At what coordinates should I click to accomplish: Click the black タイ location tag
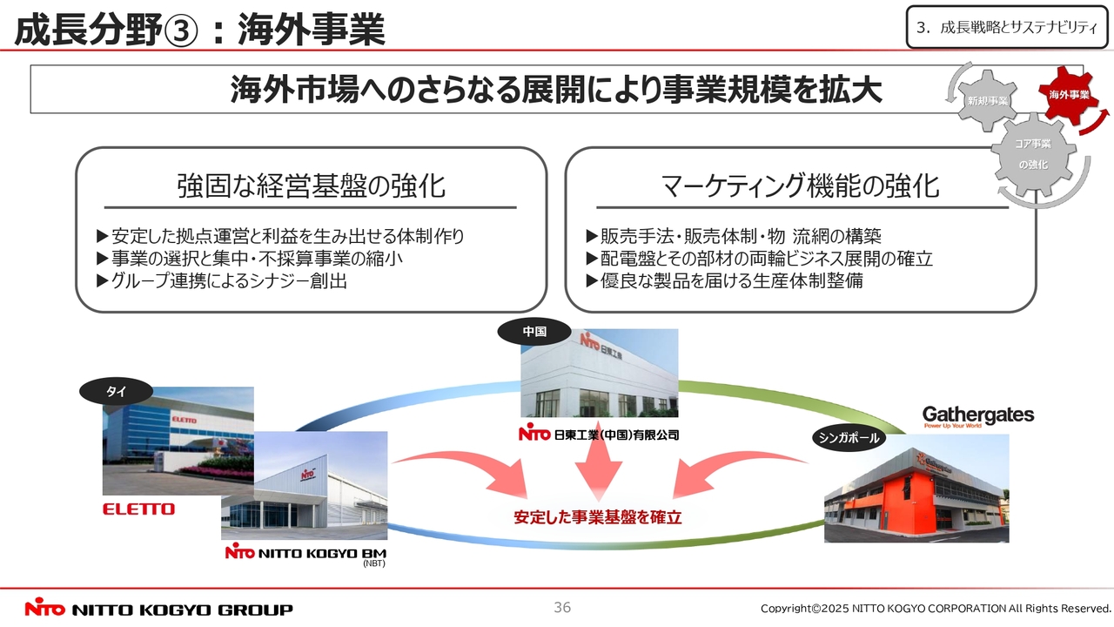point(116,392)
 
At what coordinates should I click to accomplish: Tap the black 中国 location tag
point(534,332)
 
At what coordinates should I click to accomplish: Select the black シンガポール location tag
point(849,438)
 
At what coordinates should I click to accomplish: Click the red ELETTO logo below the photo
point(138,509)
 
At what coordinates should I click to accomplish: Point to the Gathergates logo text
point(978,415)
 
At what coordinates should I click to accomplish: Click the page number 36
point(562,607)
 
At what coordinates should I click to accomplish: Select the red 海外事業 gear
point(1069,95)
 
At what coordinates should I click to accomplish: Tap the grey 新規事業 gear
point(987,101)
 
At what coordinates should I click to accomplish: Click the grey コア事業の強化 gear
point(1033,154)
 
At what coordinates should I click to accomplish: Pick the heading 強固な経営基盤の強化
point(311,186)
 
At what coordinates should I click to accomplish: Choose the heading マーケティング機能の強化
point(800,186)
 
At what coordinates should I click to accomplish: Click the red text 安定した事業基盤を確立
point(597,517)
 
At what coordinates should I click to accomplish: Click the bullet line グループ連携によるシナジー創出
point(222,281)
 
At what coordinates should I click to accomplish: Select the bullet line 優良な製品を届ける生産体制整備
point(725,281)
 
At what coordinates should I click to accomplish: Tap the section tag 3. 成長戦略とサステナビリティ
point(1007,27)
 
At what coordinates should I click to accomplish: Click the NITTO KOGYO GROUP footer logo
point(158,609)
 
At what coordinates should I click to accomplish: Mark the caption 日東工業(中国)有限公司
point(599,435)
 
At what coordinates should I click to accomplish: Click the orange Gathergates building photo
point(916,489)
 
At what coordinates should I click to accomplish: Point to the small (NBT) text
point(374,563)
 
